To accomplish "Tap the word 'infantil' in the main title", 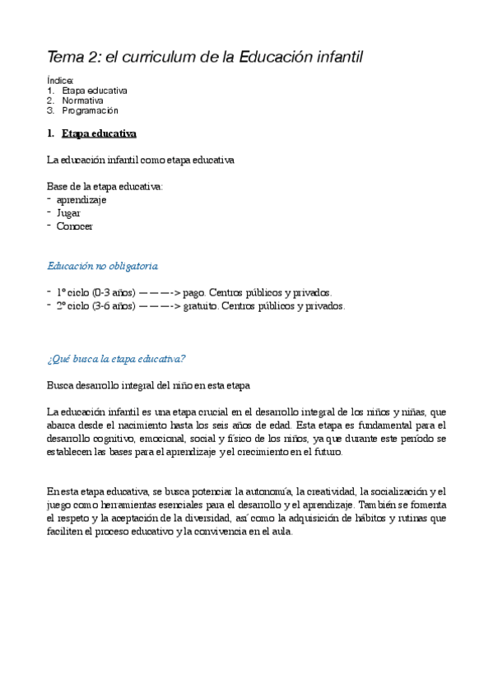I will tap(333, 57).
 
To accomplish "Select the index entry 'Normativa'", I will tap(82, 100).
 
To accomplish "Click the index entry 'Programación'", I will tap(90, 110).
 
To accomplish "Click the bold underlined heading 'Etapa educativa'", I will tap(99, 133).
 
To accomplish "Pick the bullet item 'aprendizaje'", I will tap(81, 199).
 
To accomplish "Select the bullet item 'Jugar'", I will tap(68, 212).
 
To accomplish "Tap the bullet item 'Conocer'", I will tap(74, 226).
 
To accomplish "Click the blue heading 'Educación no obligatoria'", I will tap(102, 266).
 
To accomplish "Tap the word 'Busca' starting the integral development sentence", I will tap(60, 385).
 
